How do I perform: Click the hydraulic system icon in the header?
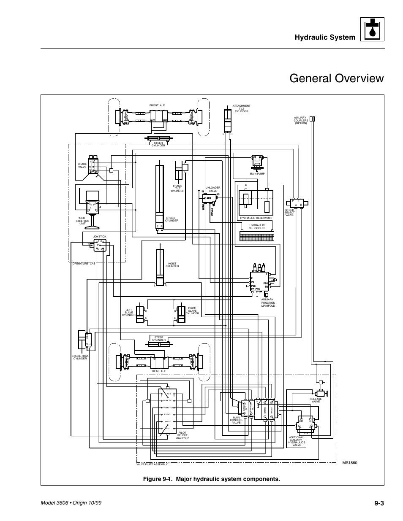point(372,30)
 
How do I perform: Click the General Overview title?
point(337,78)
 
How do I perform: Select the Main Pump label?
point(256,173)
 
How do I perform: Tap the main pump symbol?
point(257,161)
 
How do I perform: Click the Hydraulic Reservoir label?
point(256,218)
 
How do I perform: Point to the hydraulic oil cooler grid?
point(257,236)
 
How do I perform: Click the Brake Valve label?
point(82,165)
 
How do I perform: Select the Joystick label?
point(100,237)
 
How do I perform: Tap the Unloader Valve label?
point(211,189)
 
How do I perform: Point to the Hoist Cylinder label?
point(172,265)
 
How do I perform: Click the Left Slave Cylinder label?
point(129,313)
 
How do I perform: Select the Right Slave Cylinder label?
point(192,310)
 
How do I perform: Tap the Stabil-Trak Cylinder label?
point(79,357)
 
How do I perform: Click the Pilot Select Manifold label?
point(182,435)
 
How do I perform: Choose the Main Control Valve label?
point(236,420)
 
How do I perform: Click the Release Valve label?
point(316,400)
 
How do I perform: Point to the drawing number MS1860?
point(349,463)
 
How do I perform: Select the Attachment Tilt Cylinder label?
point(242,108)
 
